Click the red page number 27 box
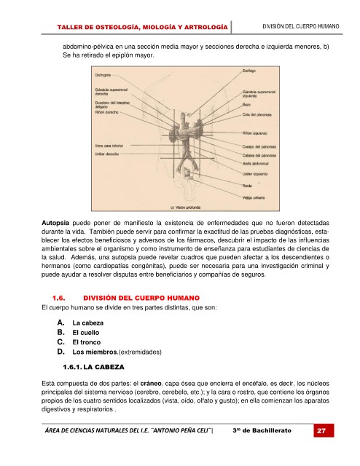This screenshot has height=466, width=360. click(324, 430)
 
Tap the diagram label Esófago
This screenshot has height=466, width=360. click(249, 71)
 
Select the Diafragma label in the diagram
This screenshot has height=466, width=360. click(103, 75)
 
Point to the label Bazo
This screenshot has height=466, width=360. click(246, 105)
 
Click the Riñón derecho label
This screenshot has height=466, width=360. click(106, 112)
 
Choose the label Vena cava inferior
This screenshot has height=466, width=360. click(109, 146)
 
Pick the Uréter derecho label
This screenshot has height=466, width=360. click(107, 154)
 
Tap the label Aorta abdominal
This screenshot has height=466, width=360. click(255, 163)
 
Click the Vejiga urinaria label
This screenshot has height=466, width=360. click(254, 197)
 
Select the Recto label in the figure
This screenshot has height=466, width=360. click(247, 186)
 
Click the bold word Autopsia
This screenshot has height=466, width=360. click(55, 223)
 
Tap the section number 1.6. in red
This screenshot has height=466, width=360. click(58, 298)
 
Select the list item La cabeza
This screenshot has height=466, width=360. click(87, 323)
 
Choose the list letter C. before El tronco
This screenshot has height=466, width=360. click(60, 342)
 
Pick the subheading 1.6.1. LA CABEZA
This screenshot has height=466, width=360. click(93, 367)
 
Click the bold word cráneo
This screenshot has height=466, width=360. click(151, 384)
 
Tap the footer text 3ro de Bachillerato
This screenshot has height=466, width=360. click(262, 430)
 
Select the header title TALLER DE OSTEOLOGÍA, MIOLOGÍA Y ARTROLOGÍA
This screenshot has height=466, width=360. click(142, 28)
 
